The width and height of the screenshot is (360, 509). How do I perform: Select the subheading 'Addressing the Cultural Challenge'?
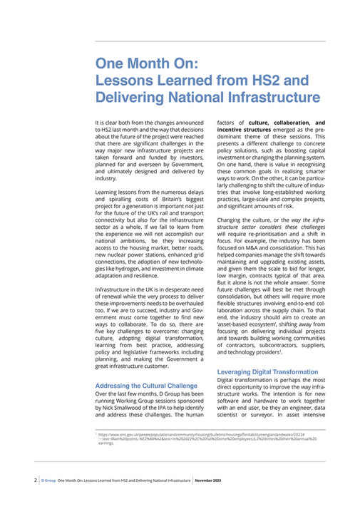145,386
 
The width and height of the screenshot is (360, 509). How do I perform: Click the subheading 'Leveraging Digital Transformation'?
267,372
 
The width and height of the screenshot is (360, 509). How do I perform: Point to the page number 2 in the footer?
36,480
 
